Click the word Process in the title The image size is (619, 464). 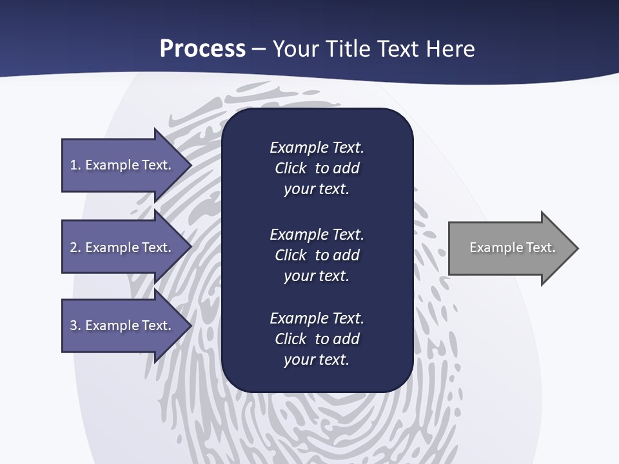pos(202,49)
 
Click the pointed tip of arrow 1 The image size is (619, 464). pos(190,165)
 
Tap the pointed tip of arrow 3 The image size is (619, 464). pos(190,325)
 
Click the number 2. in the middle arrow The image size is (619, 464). pos(75,247)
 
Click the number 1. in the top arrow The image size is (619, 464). pos(75,165)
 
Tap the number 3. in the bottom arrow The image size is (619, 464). pos(75,325)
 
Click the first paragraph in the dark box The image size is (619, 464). pos(317,168)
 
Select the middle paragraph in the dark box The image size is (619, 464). pos(317,255)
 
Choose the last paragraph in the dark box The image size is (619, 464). pos(317,339)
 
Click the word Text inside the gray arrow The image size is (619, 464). pos(540,247)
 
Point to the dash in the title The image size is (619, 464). pos(259,49)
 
